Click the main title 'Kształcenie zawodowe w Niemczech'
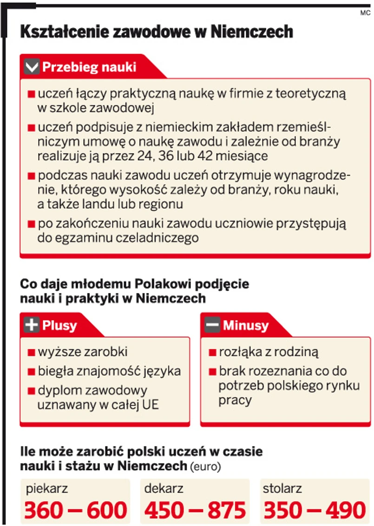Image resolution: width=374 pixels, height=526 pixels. click(157, 32)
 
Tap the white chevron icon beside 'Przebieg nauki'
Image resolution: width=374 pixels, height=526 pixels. click(32, 67)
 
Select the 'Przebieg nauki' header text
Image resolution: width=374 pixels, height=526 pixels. click(89, 67)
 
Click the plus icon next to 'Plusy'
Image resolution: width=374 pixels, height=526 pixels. click(31, 325)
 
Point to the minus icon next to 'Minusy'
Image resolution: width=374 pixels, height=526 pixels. click(212, 325)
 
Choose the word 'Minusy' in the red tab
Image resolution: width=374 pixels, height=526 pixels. click(245, 325)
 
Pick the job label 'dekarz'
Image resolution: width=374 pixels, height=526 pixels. click(164, 488)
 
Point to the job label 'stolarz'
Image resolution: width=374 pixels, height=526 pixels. click(282, 488)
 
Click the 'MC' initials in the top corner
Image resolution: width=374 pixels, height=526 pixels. click(364, 13)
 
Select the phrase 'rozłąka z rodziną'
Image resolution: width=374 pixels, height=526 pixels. click(269, 352)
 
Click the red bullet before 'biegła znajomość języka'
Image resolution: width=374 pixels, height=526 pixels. click(32, 372)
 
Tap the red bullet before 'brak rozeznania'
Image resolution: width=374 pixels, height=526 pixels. click(212, 372)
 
